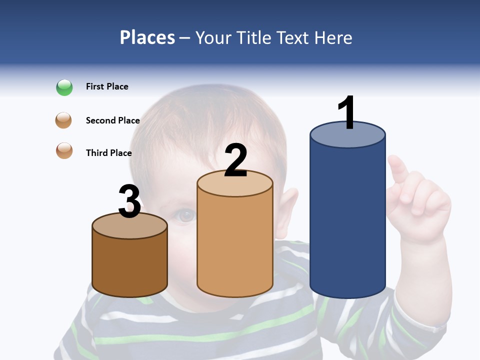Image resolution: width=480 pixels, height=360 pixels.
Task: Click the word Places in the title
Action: click(x=147, y=37)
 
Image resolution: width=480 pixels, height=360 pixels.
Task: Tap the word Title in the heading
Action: click(x=254, y=37)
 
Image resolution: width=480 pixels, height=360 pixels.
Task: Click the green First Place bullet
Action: click(x=64, y=87)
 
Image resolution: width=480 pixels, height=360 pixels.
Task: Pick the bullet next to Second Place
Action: click(x=64, y=120)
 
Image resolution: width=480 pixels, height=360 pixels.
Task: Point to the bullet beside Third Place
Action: click(x=64, y=150)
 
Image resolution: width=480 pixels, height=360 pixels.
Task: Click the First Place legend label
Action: click(x=107, y=86)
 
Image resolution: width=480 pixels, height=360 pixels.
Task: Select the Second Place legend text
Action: click(x=112, y=120)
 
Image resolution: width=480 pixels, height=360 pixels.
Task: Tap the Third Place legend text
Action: click(x=108, y=153)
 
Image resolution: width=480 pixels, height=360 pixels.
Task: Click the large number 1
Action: click(x=346, y=113)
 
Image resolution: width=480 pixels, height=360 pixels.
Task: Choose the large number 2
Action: click(x=235, y=160)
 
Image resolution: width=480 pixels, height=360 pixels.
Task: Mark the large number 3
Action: click(x=129, y=201)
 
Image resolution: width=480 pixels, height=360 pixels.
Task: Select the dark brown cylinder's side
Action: click(x=129, y=265)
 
